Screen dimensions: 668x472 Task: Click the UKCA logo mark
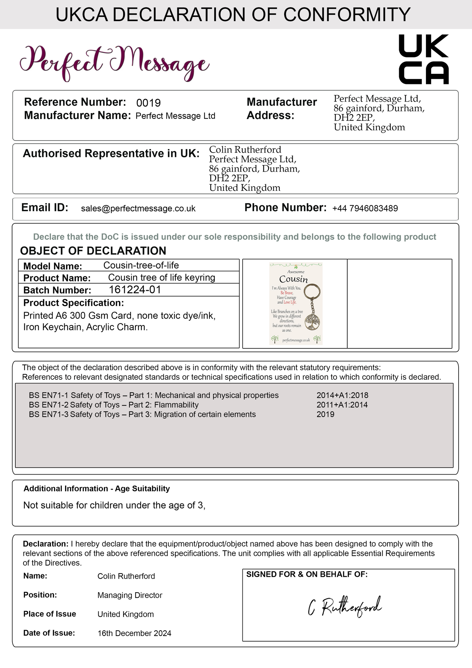point(424,59)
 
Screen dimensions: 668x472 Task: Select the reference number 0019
point(148,103)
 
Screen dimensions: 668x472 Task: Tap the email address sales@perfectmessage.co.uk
point(138,209)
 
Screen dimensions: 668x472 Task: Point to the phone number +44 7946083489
point(365,209)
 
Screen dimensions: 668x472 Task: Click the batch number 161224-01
point(135,290)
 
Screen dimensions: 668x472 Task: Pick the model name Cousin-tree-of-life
point(141,265)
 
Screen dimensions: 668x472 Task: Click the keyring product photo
point(296,303)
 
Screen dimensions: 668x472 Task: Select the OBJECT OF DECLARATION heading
point(93,251)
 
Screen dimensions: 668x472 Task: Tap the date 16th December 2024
point(134,633)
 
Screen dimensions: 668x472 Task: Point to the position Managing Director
point(130,595)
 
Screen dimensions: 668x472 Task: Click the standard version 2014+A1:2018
point(342,395)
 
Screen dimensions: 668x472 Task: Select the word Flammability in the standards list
point(176,405)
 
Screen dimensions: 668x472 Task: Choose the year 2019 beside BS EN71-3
point(325,414)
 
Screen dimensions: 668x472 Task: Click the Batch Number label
point(57,290)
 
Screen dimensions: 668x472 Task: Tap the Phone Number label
point(285,208)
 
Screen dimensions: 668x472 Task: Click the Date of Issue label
point(49,633)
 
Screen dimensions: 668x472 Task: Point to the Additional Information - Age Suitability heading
point(97,489)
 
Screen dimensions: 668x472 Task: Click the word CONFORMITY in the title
point(347,14)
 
